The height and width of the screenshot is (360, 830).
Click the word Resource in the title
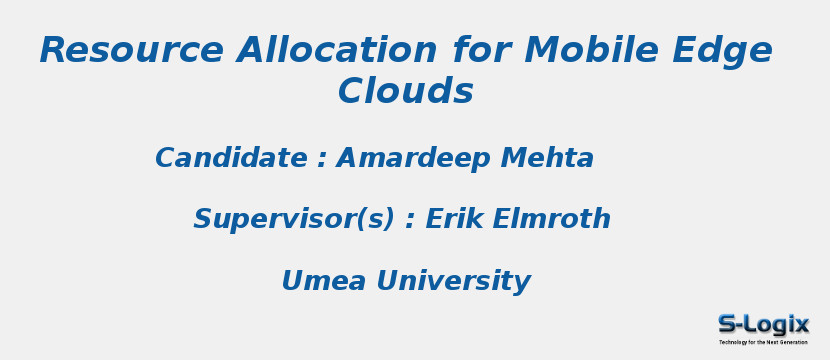tap(131, 51)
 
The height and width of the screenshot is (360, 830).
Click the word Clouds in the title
tap(405, 92)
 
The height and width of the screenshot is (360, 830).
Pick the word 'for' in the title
tap(480, 51)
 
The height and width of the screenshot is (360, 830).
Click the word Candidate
tap(231, 159)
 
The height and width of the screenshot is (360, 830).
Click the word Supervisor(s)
tap(294, 220)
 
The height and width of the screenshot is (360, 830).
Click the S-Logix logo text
tap(763, 324)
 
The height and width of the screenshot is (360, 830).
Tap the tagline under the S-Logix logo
tap(763, 342)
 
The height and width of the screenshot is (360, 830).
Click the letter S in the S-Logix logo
tap(728, 324)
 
